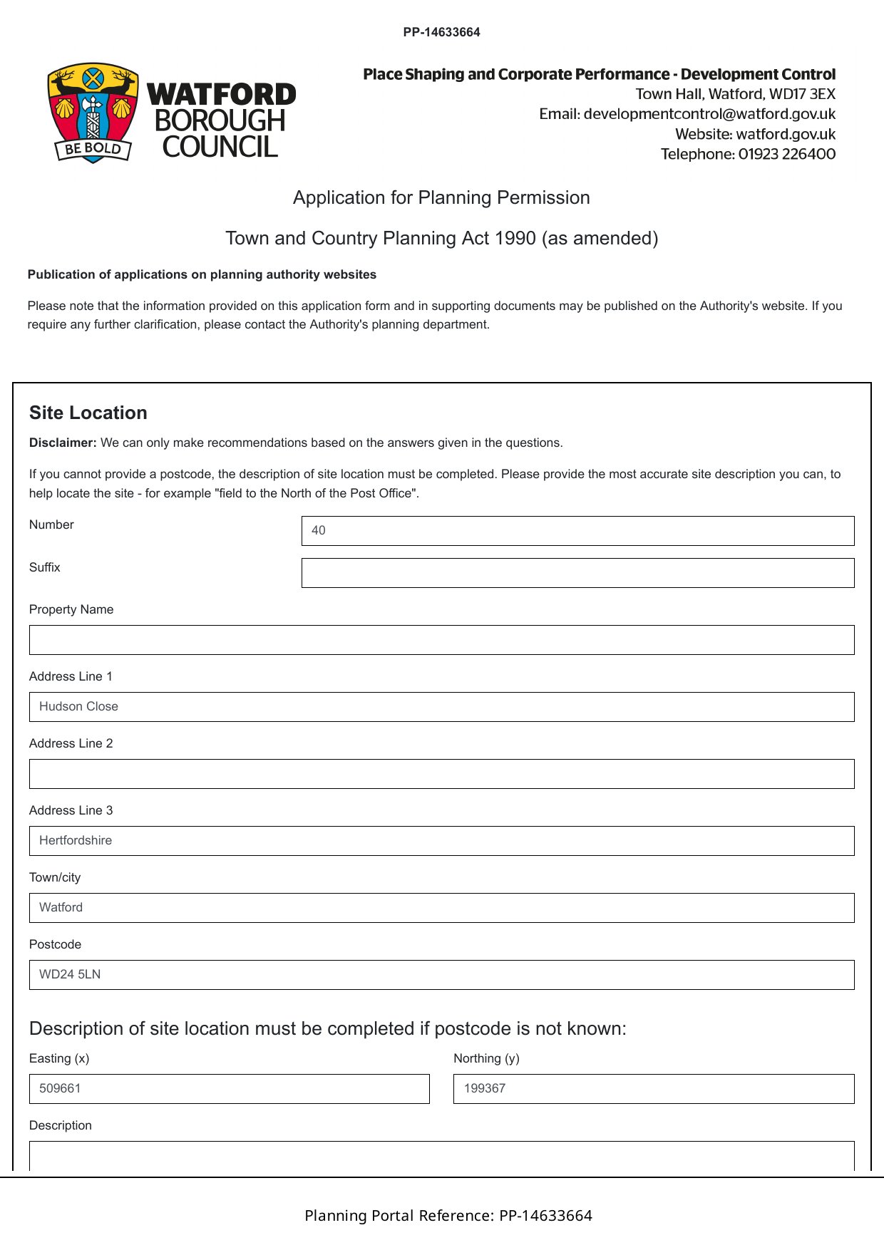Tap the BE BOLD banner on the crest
[x=93, y=149]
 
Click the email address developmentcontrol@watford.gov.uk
[x=709, y=114]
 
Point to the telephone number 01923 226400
[x=786, y=154]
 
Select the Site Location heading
[x=88, y=413]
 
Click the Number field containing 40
[x=577, y=531]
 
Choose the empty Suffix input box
[x=577, y=573]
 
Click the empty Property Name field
[x=441, y=640]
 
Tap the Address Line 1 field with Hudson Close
[x=441, y=707]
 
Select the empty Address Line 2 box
[x=441, y=774]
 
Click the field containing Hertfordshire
[x=441, y=841]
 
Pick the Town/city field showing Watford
[x=441, y=908]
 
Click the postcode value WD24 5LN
[x=70, y=974]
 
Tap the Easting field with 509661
[x=229, y=1089]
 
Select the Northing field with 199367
[x=653, y=1089]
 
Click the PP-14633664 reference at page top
[x=441, y=32]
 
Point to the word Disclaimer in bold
[x=63, y=443]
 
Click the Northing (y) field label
[x=486, y=1058]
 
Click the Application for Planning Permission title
[x=441, y=197]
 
